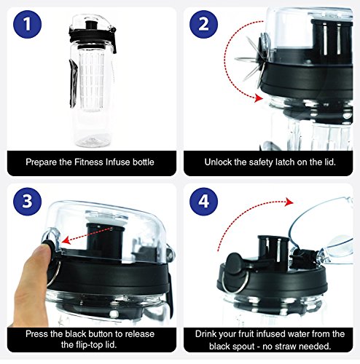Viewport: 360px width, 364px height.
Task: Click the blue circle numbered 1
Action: (28, 24)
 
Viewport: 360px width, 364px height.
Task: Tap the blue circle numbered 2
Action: (203, 24)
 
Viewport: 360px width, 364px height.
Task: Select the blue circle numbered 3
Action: (28, 202)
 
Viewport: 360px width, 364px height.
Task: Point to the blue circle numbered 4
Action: (203, 202)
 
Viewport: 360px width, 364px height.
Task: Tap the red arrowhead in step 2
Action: (259, 98)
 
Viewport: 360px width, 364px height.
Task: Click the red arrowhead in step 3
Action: (66, 240)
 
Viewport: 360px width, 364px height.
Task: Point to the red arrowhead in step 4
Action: (289, 202)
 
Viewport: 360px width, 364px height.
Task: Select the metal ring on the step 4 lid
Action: (233, 282)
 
